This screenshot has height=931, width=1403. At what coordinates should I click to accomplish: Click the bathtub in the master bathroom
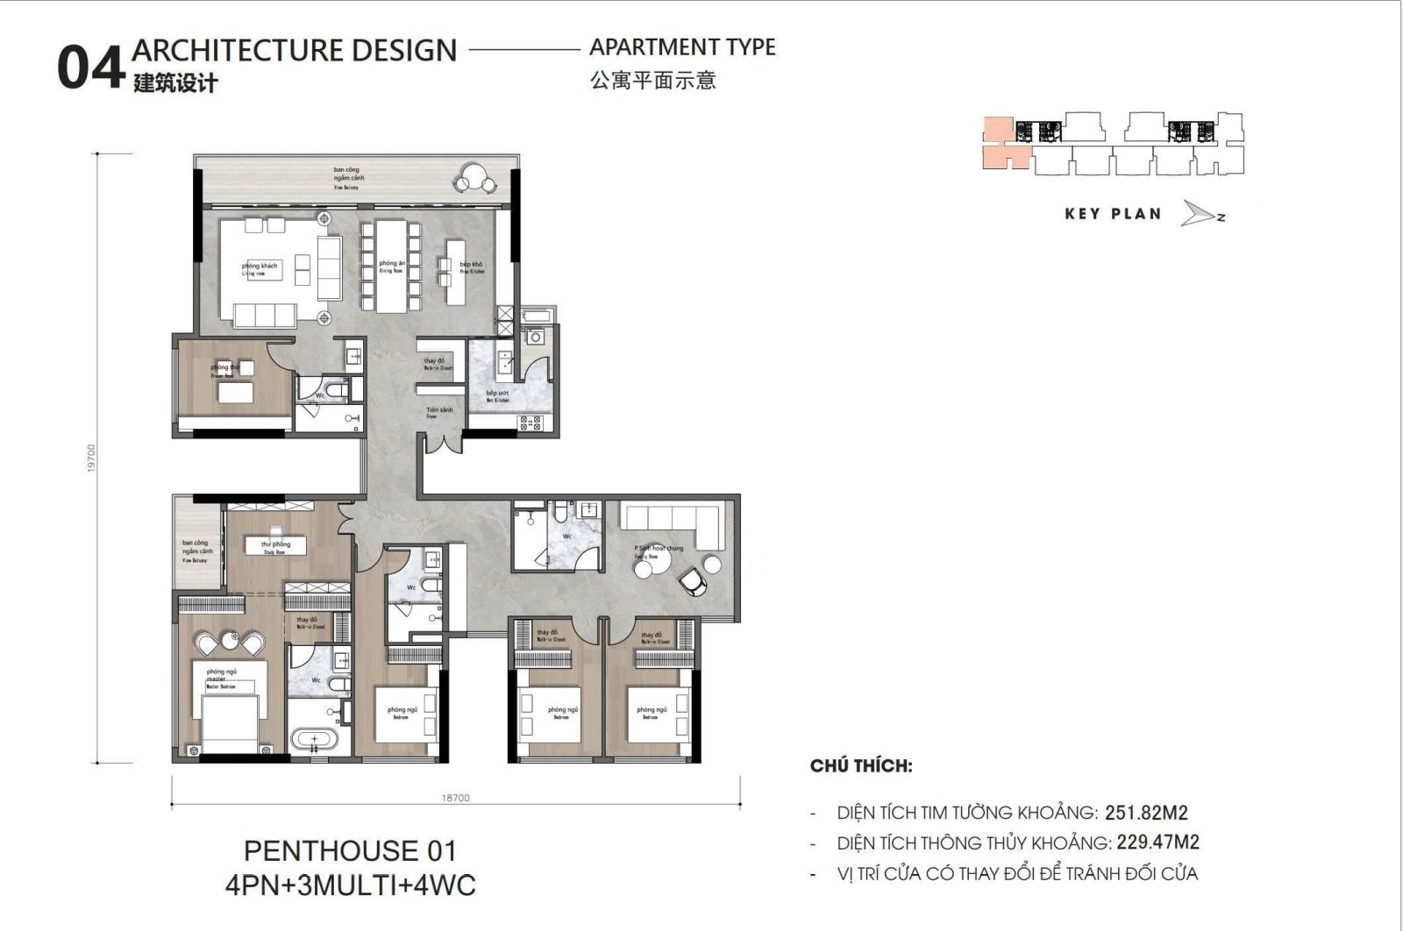click(310, 740)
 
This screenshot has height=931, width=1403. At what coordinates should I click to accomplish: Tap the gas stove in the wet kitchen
click(531, 423)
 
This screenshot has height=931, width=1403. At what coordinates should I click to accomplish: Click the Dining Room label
click(391, 267)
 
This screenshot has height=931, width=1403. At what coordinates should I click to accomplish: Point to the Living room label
click(259, 269)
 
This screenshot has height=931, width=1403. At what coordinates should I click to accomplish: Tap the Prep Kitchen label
click(472, 267)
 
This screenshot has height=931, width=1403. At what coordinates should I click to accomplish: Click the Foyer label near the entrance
click(438, 413)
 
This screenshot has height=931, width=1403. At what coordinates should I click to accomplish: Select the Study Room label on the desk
click(274, 548)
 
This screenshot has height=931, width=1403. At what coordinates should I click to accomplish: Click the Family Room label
click(659, 551)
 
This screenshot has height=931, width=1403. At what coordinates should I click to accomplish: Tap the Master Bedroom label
click(217, 681)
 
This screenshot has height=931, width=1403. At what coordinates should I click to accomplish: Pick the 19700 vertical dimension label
click(91, 458)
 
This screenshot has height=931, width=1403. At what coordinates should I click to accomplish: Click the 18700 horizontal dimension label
click(455, 798)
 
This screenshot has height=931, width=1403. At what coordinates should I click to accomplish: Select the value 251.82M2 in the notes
click(1146, 813)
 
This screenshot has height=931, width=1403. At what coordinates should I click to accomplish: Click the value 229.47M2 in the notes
click(1157, 842)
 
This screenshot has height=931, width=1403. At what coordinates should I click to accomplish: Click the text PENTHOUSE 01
click(350, 851)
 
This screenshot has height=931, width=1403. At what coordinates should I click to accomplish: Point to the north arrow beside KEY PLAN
click(1200, 214)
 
